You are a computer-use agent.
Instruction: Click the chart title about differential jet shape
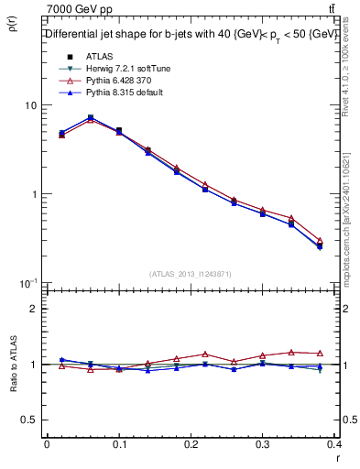tap(191, 35)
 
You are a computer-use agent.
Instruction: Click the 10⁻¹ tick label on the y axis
tap(29, 283)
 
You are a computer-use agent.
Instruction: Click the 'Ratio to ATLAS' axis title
tap(12, 364)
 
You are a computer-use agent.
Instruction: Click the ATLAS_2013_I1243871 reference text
tap(191, 274)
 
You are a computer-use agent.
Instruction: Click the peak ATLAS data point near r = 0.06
tap(90, 117)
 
